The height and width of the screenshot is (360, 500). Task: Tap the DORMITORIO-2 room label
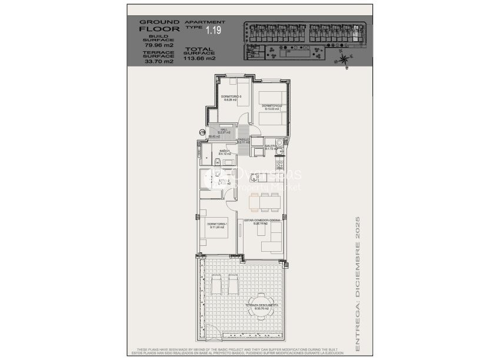(272, 106)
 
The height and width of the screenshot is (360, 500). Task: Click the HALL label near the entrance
(224, 132)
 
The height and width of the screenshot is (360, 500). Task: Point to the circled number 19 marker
(202, 132)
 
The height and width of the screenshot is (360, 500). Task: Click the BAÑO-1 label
(224, 152)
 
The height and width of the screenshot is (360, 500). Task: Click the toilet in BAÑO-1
(217, 162)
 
